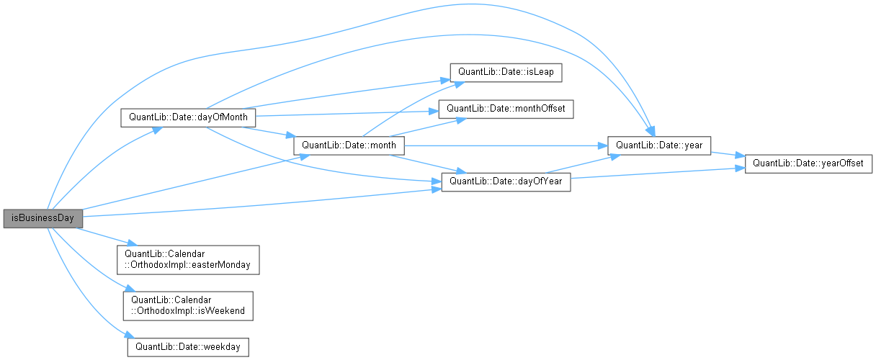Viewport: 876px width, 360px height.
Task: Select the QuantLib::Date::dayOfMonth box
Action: click(188, 117)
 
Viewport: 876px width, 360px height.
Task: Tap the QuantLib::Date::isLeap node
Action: click(505, 73)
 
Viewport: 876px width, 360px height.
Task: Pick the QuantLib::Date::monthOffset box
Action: click(506, 109)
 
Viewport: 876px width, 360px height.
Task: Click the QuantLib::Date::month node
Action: click(349, 145)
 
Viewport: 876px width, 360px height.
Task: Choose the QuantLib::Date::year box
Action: click(660, 145)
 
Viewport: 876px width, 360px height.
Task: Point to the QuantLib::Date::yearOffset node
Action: click(808, 163)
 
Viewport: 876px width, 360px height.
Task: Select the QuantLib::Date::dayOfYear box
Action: click(505, 181)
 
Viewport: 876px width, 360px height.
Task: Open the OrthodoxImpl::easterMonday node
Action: click(188, 259)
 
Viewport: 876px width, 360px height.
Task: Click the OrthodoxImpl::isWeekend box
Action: click(188, 305)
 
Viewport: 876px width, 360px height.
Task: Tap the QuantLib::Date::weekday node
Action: click(188, 346)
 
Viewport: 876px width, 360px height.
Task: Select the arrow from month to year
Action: click(504, 145)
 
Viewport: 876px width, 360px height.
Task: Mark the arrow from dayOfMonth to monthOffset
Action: click(346, 114)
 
